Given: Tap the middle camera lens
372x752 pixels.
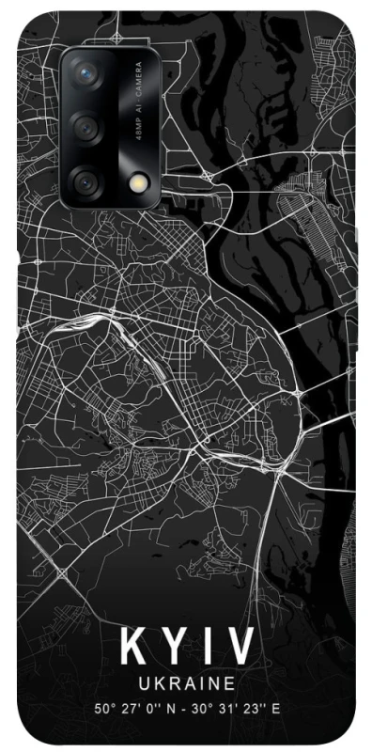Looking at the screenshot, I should [x=85, y=126].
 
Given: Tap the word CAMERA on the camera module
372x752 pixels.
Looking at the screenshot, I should [x=137, y=82].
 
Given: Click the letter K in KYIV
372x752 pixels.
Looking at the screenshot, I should [x=132, y=648].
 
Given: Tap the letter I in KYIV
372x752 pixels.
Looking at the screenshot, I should [x=207, y=648].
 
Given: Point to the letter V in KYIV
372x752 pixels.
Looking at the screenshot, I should [x=240, y=648].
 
